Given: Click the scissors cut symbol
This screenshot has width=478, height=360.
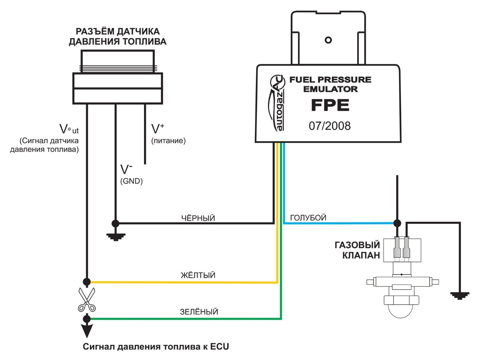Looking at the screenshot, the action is coord(87,299).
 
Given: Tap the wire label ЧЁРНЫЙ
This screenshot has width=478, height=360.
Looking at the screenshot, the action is coord(198,218).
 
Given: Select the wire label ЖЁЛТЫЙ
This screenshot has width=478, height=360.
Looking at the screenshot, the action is coord(198,275).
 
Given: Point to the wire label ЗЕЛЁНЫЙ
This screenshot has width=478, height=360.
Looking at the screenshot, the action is coord(199,312).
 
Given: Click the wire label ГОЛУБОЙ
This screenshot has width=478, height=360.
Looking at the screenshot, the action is coord(308,218).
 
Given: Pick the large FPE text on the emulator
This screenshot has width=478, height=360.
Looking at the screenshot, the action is coord(330,105).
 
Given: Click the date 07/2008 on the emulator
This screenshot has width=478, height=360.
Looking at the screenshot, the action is coord(330,126).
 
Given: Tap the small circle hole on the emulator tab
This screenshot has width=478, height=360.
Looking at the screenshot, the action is coord(328,40).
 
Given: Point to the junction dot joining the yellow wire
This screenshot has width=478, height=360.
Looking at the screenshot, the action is coord(87,282).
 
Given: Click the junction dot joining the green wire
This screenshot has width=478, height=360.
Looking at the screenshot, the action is coord(87,319).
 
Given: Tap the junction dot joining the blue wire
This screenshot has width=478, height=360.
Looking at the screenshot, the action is coord(397,223).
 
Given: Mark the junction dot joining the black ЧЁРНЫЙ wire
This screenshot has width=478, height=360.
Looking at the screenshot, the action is coord(115,223).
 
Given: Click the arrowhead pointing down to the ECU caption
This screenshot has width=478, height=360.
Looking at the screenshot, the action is coord(87,331).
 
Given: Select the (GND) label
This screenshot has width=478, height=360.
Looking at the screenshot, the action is coord(132,181).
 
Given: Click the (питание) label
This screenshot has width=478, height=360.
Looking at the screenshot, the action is coord(168,140).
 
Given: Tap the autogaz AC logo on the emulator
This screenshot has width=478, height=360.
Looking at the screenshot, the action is coord(277,103).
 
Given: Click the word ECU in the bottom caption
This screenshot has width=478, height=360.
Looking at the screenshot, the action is coord(220,347).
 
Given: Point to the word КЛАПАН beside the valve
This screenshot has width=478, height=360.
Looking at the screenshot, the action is coord(361,255).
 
